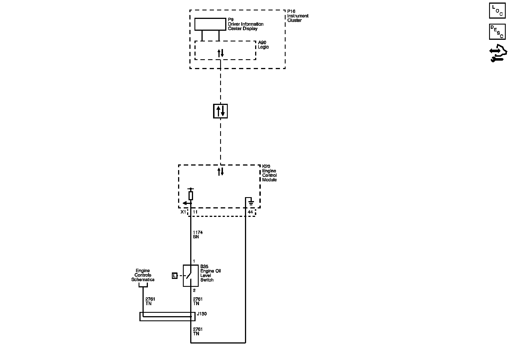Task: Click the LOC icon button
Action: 497,11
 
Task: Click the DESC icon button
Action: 497,32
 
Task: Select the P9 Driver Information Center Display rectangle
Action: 210,24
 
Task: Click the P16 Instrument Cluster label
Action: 297,16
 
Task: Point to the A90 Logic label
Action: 263,45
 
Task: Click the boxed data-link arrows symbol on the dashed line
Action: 220,111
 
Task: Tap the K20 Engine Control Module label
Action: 269,173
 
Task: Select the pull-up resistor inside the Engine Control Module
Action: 191,195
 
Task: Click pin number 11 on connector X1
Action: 195,212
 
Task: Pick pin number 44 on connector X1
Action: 250,212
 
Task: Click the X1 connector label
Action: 183,212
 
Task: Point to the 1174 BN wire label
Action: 198,235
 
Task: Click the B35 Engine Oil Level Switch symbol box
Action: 191,276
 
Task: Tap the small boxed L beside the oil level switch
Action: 174,276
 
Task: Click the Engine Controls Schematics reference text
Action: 143,275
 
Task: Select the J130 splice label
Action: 202,314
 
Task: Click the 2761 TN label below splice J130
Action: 198,331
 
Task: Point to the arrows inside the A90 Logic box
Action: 220,53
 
